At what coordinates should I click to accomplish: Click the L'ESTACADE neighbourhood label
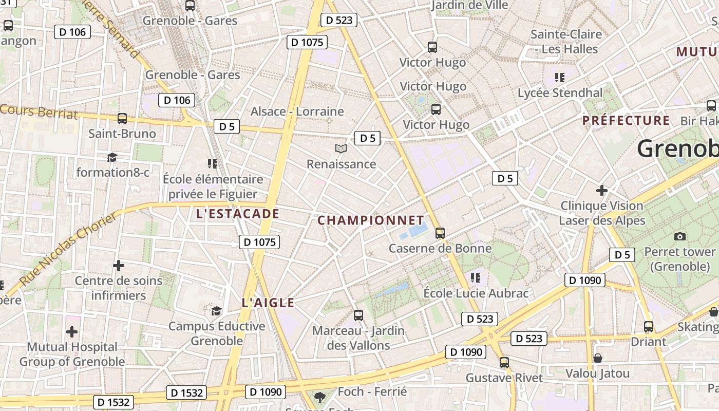coord(238,214)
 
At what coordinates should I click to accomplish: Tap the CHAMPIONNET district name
coord(371,220)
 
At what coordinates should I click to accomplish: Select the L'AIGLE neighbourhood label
coord(268,303)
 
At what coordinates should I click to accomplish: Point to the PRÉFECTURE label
coord(626,121)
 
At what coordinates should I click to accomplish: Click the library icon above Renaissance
coord(341,149)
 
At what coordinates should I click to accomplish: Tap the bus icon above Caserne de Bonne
coord(440,233)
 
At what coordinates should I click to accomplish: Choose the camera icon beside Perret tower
coord(680,236)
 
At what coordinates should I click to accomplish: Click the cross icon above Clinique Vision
coord(602,191)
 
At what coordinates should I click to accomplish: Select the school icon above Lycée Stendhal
coord(560,78)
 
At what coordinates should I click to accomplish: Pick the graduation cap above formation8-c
coord(112,157)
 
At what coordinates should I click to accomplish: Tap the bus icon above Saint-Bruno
coord(122,119)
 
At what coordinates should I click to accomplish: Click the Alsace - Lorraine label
coord(297,111)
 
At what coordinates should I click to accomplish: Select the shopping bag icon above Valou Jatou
coord(597,358)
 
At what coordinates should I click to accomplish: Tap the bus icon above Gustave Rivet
coord(504,363)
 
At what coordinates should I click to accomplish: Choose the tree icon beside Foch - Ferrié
coord(319,397)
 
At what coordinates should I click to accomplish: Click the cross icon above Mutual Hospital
coord(72,331)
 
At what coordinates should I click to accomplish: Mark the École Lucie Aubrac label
coord(476,293)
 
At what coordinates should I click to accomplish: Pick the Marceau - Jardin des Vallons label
coord(358,338)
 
